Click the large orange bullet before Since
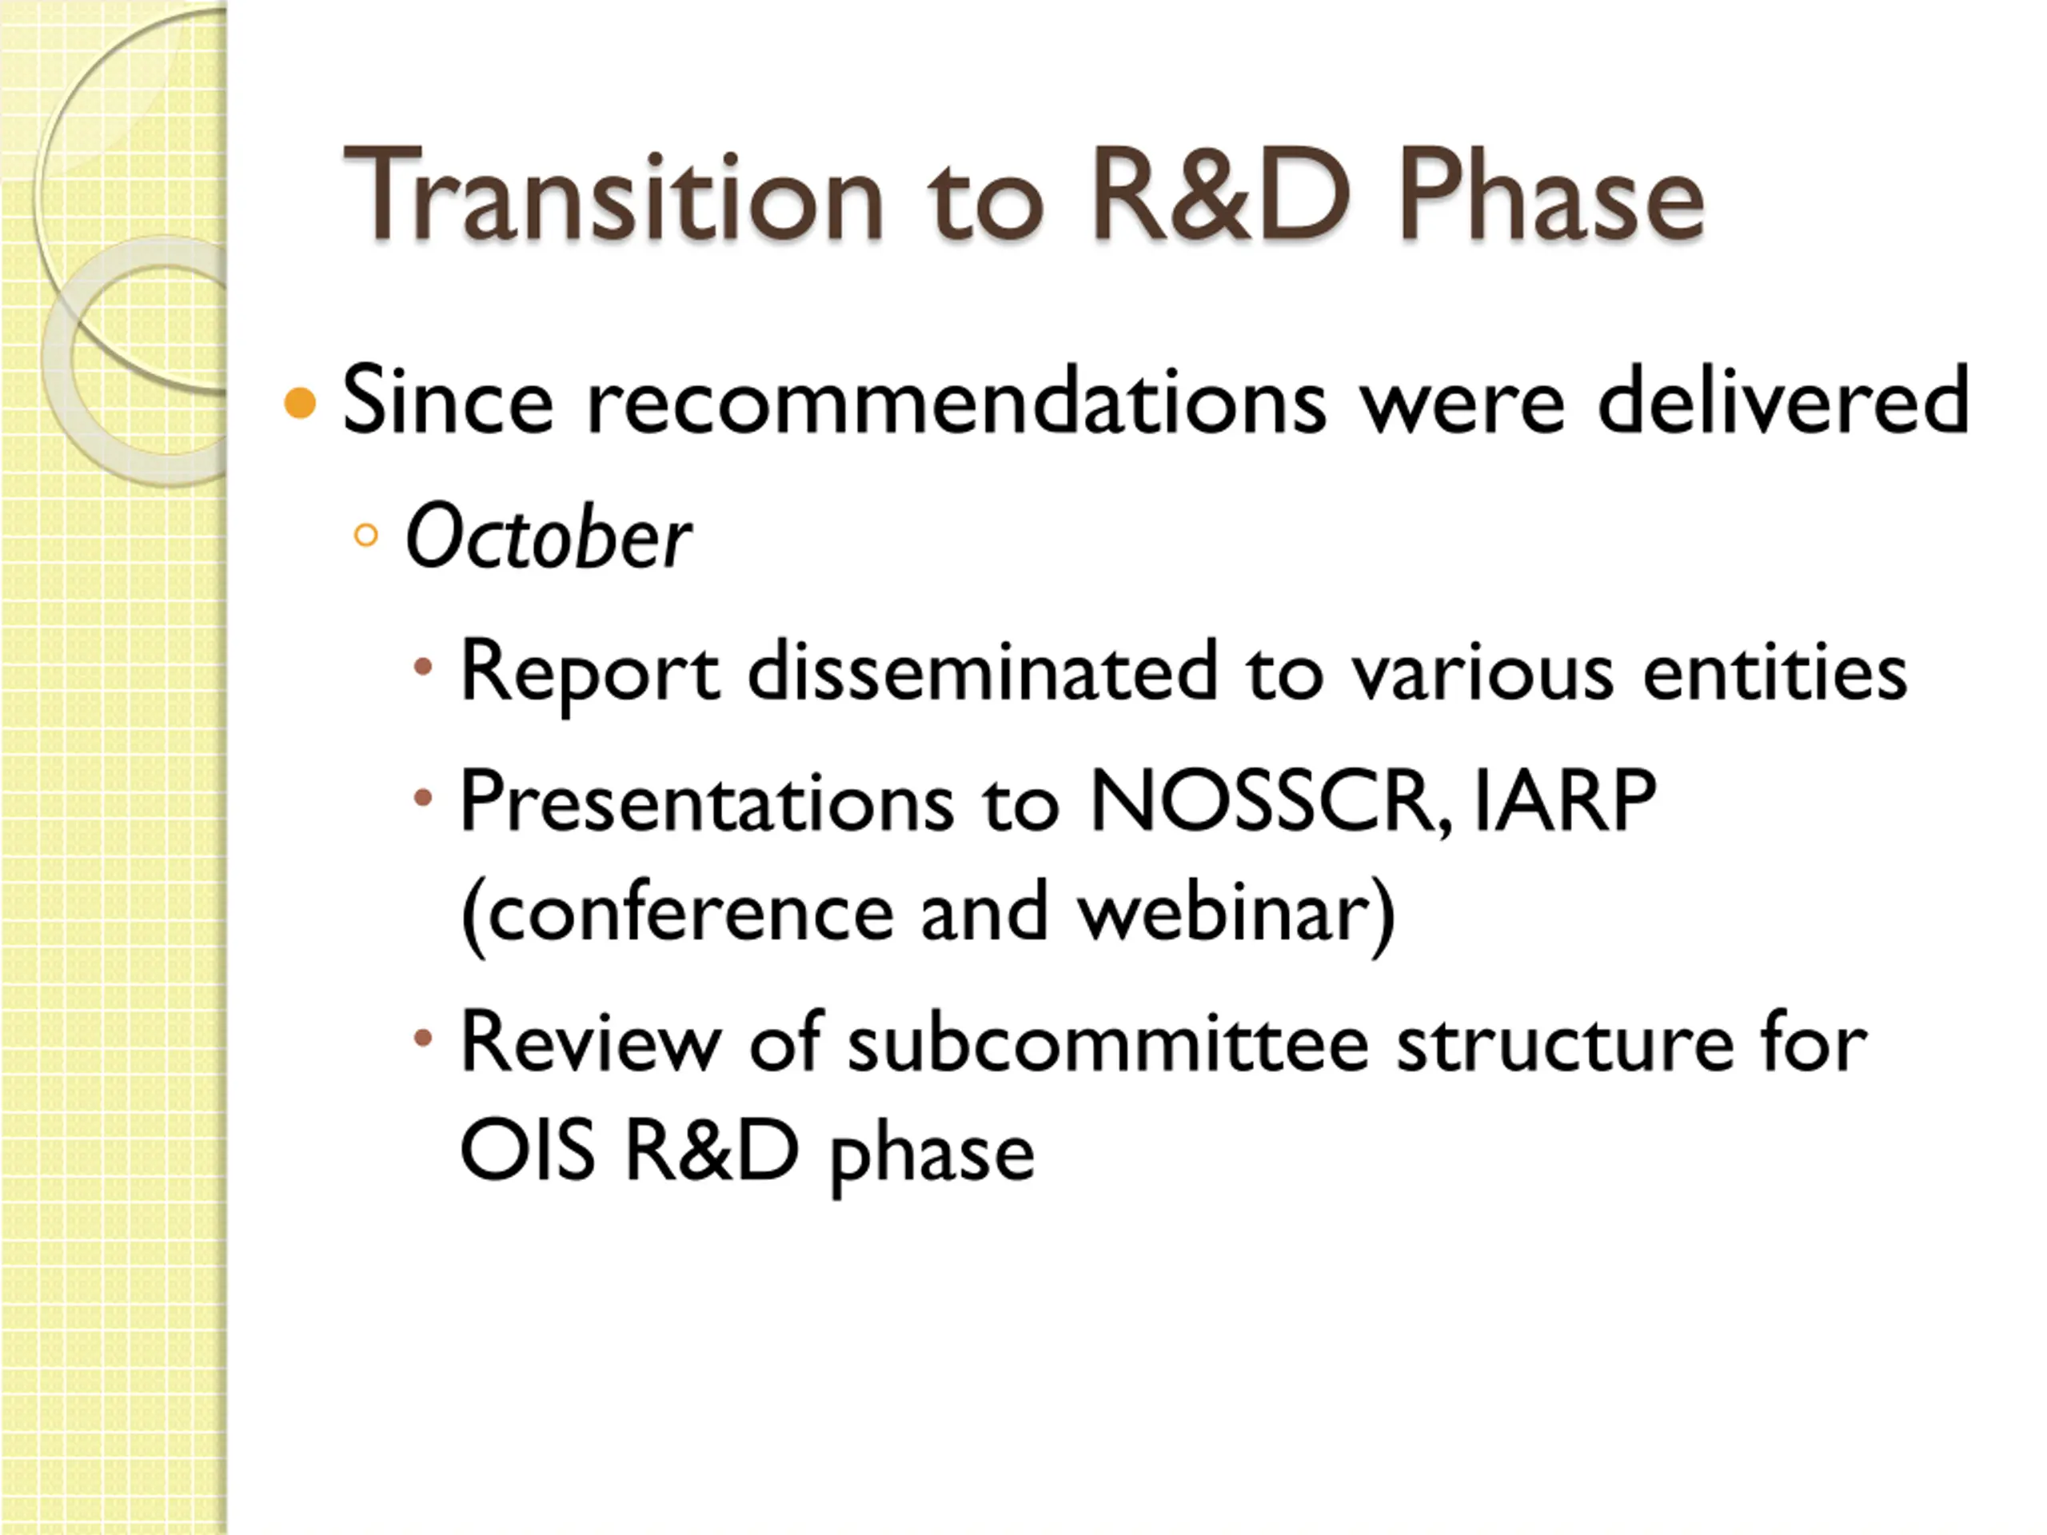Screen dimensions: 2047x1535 click(x=300, y=404)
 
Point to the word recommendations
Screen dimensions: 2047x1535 click(x=957, y=401)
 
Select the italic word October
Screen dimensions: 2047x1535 click(x=548, y=536)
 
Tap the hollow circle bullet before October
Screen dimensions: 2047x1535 click(x=366, y=535)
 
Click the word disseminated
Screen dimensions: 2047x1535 click(x=982, y=671)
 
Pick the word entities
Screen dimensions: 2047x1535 click(x=1775, y=671)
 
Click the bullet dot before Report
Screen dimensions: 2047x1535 click(x=423, y=666)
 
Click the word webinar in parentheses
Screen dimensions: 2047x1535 click(x=1222, y=912)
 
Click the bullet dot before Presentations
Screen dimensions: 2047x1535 click(x=423, y=796)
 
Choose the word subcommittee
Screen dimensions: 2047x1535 click(x=1107, y=1043)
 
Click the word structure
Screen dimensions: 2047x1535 click(x=1564, y=1043)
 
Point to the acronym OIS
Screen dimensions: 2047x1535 click(x=527, y=1151)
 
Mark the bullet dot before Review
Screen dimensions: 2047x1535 click(x=423, y=1039)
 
